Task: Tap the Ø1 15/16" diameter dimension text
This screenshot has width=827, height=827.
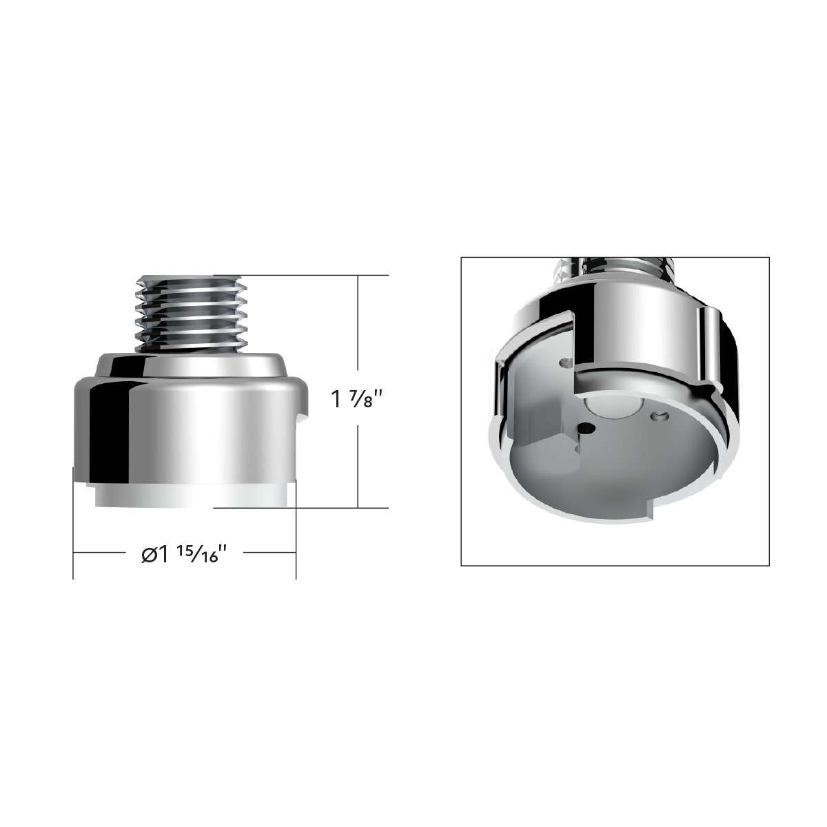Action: point(184,553)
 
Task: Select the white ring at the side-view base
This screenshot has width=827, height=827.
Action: point(186,496)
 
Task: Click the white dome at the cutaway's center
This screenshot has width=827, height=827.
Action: point(611,408)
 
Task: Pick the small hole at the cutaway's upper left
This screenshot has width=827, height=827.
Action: point(566,360)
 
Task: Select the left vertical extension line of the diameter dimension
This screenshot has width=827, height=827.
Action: point(74,524)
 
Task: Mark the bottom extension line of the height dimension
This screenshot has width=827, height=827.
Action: point(310,508)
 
